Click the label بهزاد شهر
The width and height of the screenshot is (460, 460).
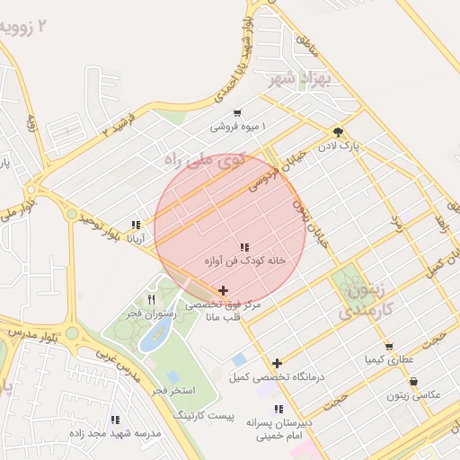300,79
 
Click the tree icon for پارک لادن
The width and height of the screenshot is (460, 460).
338,131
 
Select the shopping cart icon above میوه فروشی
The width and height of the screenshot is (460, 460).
237,113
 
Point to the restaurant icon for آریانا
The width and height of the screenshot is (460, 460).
136,226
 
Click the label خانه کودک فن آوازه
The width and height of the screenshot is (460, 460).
244,260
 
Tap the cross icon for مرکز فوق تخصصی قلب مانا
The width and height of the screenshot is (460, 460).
223,290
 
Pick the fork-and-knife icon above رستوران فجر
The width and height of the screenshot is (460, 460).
151,299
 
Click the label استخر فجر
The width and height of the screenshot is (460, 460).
171,391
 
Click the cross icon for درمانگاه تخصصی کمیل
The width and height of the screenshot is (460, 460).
278,363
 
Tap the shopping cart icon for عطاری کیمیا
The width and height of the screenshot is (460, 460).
389,347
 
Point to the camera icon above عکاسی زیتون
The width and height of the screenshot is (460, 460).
413,382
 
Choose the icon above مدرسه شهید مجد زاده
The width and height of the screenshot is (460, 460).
115,420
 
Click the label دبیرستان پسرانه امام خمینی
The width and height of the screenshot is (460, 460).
279,428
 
